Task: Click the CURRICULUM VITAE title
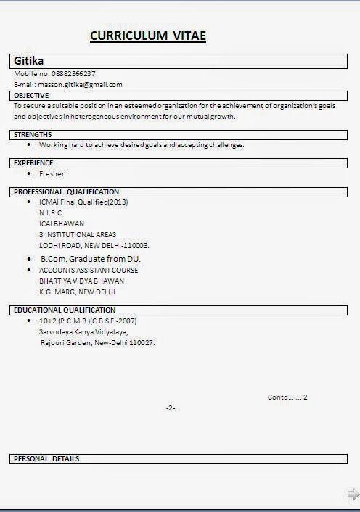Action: click(x=148, y=36)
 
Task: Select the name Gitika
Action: click(x=29, y=61)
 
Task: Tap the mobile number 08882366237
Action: click(x=72, y=74)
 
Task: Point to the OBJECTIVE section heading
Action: click(x=31, y=95)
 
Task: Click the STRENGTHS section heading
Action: click(x=33, y=134)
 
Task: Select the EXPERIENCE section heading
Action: click(x=33, y=163)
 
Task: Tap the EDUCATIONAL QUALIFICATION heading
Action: click(x=65, y=310)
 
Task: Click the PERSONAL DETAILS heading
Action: click(x=46, y=458)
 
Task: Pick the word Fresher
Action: click(x=52, y=174)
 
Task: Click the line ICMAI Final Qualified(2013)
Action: click(x=83, y=202)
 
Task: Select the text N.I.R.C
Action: click(x=50, y=213)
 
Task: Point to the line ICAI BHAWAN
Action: click(x=62, y=224)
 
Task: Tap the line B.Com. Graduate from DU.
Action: click(x=90, y=259)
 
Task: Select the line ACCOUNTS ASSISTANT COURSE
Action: click(x=89, y=270)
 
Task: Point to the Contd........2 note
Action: click(x=287, y=397)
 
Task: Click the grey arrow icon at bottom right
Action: click(x=353, y=495)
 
